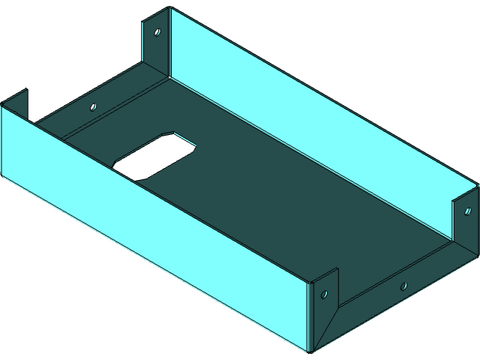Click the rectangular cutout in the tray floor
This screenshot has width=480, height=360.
[x=154, y=155]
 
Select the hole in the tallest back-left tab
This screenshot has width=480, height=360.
[x=157, y=32]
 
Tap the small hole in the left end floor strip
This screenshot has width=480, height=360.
[x=94, y=106]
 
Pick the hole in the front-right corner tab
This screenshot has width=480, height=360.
[x=325, y=289]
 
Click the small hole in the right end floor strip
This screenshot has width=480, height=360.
[x=403, y=286]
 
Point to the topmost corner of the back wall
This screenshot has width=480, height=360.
[x=170, y=8]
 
